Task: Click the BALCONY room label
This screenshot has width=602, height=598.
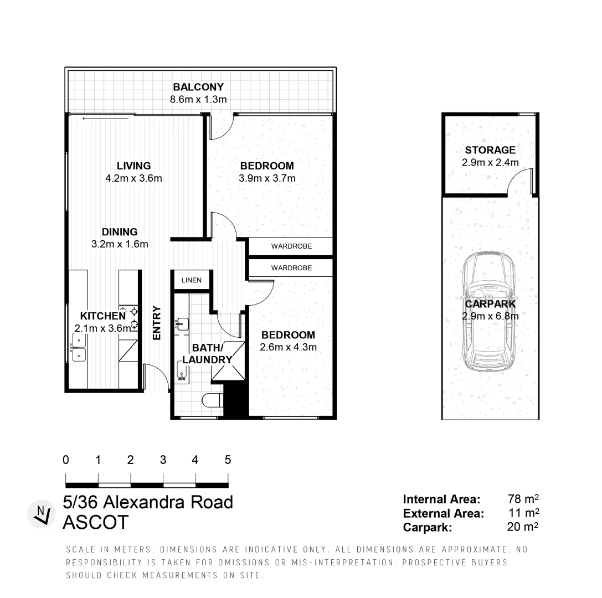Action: coord(198,87)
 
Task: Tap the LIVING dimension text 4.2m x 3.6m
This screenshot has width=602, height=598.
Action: coord(133,178)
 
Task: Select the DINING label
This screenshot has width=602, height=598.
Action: coord(119,232)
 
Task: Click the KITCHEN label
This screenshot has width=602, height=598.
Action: coord(103,316)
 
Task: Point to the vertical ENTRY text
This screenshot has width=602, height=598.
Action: coord(157,323)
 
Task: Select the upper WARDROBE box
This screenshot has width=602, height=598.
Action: coord(291,246)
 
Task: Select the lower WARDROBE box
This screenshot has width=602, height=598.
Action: coord(291,268)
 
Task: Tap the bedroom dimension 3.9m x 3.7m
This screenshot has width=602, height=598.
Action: coord(267,178)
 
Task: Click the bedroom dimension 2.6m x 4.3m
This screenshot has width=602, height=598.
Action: coord(288,348)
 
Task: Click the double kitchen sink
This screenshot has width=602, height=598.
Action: coord(79,350)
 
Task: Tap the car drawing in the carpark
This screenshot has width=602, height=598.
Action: coord(490,313)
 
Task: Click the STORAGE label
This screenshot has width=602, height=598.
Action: coord(490,150)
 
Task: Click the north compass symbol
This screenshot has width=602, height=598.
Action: coord(41,513)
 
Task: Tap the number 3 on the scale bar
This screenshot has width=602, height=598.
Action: coord(163,460)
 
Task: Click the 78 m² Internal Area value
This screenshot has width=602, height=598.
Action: coord(523,499)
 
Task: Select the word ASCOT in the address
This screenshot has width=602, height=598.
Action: coord(96,522)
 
